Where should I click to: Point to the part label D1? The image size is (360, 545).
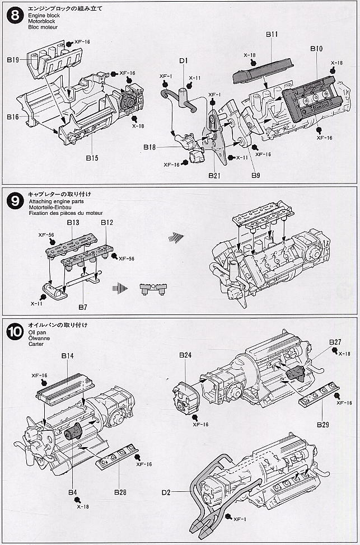pos(183,61)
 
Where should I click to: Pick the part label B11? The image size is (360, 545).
pos(272,34)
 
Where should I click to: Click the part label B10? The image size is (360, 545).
pos(316,49)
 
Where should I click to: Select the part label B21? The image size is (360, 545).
pos(214,175)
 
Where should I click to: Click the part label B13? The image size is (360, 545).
pos(73,223)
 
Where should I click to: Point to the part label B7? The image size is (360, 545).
pos(83,307)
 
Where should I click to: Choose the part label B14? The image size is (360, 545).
pos(67,356)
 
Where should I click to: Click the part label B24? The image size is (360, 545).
pos(186,355)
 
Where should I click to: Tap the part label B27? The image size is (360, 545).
pos(335,342)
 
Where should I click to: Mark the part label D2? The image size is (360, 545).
pos(166,492)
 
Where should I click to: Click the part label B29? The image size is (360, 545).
pos(322,425)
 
